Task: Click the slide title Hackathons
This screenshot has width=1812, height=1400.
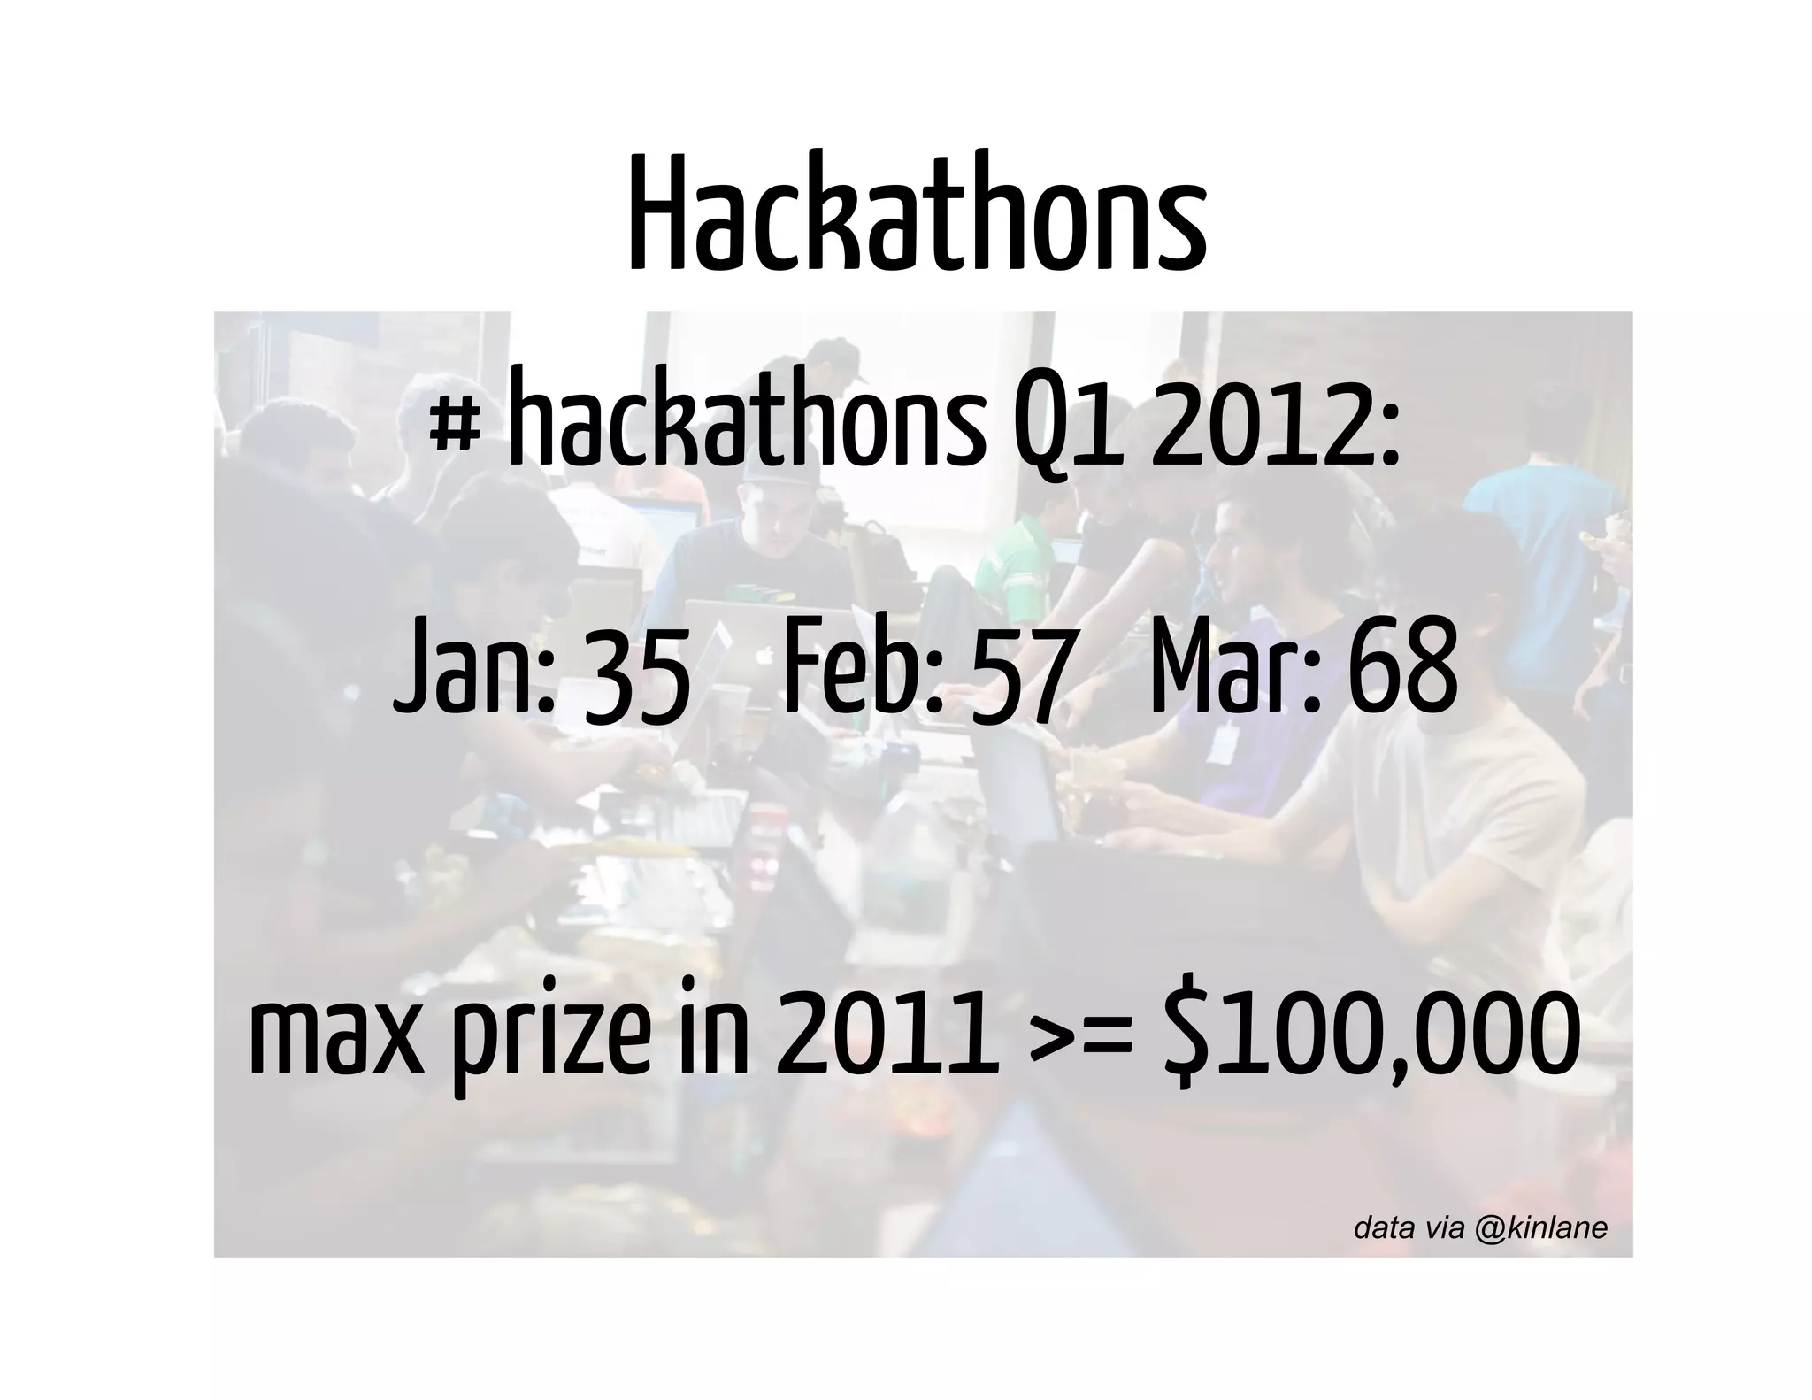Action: (x=917, y=216)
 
